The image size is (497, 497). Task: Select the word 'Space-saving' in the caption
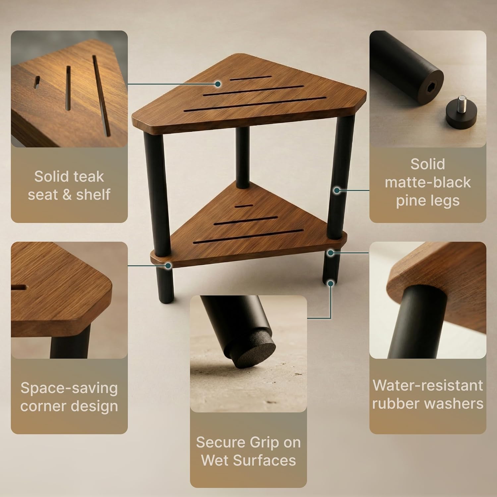69,388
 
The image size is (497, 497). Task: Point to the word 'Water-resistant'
427,385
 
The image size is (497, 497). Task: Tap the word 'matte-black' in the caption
427,182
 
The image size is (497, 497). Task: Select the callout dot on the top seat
218,84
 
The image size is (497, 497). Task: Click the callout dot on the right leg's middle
337,190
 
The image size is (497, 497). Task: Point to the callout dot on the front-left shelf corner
168,265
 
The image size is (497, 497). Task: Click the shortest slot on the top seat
250,78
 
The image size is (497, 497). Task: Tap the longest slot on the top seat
255,104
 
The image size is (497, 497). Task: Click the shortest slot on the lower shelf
242,206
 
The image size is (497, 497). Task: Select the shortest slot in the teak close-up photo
36,82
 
